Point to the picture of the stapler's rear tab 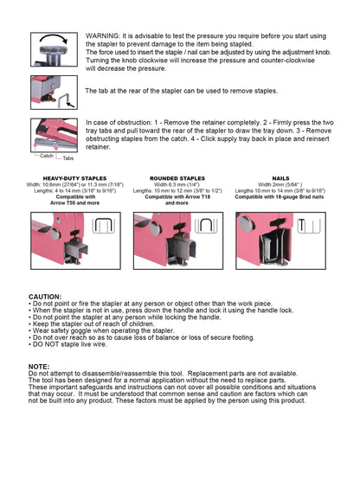click(x=55, y=92)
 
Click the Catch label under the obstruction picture click(x=46, y=157)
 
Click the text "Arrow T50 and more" click(x=68, y=202)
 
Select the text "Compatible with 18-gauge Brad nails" click(x=280, y=196)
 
